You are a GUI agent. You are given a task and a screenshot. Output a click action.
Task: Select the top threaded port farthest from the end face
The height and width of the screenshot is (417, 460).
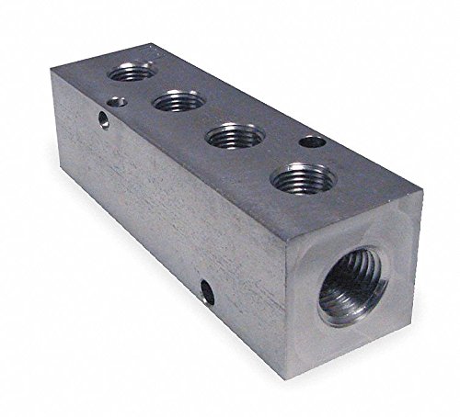(x=124, y=71)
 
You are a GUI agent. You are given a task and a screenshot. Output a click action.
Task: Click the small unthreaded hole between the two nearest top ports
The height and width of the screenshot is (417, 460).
(x=312, y=142)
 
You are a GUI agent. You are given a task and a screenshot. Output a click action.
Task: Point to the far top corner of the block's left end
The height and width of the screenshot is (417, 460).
(x=63, y=92)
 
